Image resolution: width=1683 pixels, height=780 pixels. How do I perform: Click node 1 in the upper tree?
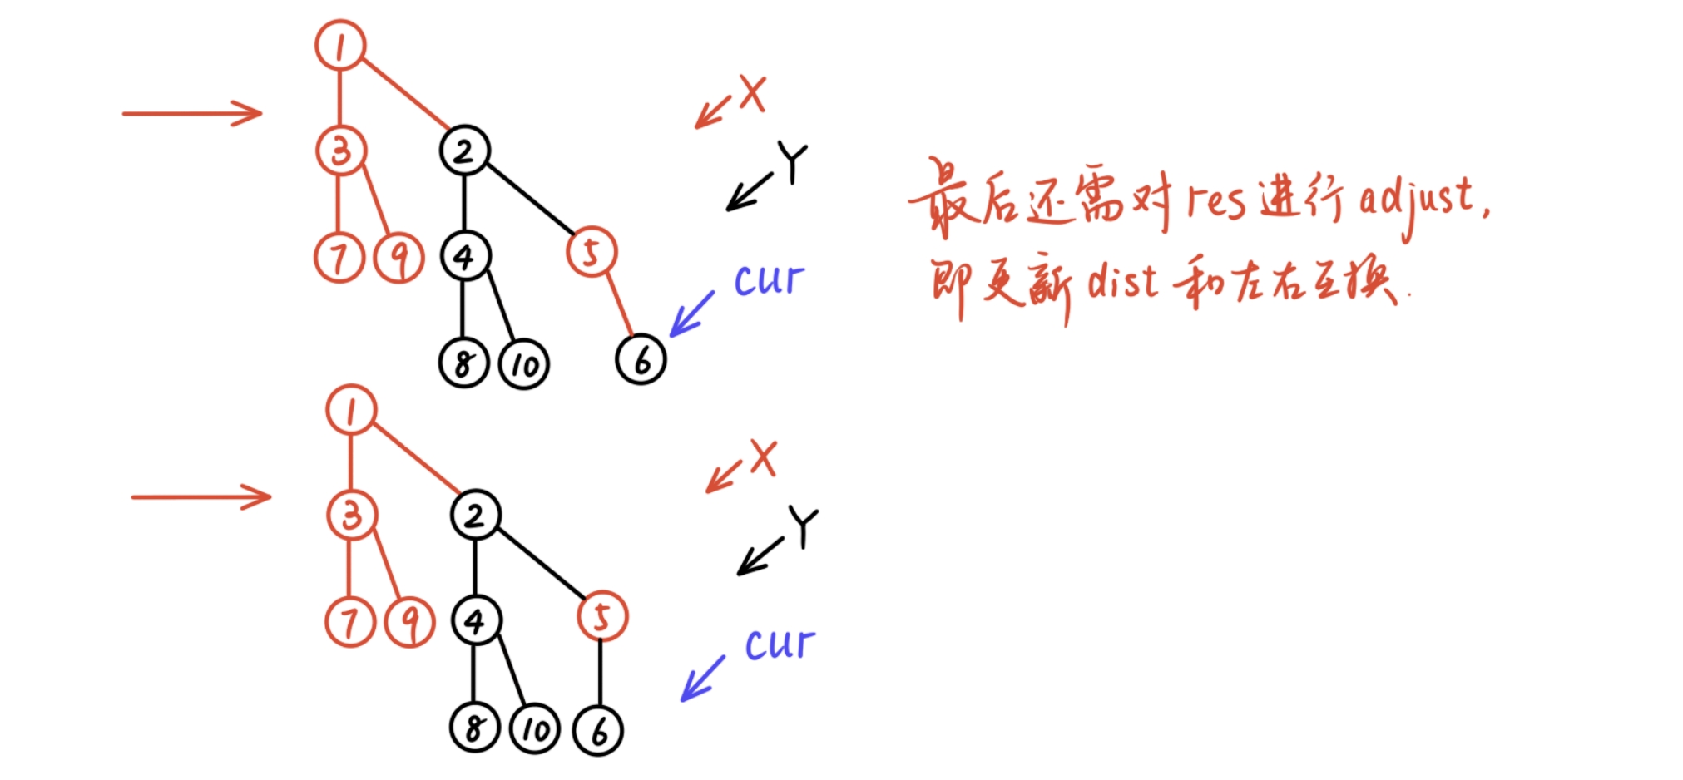tap(340, 45)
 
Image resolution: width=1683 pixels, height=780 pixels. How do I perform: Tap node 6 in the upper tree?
tap(641, 359)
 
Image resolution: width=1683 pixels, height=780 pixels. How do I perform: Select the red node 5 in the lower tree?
tap(601, 616)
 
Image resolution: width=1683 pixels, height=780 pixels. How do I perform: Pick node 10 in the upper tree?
tap(524, 364)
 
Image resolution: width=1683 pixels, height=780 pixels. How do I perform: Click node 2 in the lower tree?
tap(475, 515)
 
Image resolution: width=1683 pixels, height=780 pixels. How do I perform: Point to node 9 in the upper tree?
tap(400, 258)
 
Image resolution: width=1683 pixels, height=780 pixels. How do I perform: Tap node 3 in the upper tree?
tap(340, 151)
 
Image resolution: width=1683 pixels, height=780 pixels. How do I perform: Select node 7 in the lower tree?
tap(350, 622)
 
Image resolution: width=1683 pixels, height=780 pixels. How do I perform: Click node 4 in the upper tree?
tap(464, 256)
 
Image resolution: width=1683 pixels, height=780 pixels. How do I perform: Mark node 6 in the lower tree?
tap(598, 730)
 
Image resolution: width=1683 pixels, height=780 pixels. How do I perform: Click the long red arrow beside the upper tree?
tap(191, 113)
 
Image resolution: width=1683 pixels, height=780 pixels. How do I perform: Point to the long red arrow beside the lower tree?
tap(200, 497)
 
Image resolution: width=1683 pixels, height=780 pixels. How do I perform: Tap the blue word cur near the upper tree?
tap(769, 280)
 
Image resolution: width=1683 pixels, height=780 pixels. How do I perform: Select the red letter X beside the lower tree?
tap(762, 458)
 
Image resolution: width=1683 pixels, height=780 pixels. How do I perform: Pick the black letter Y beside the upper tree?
tap(792, 162)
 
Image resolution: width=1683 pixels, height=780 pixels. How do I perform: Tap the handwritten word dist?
tap(1122, 283)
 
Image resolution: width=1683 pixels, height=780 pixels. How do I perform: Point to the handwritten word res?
tap(1216, 202)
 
